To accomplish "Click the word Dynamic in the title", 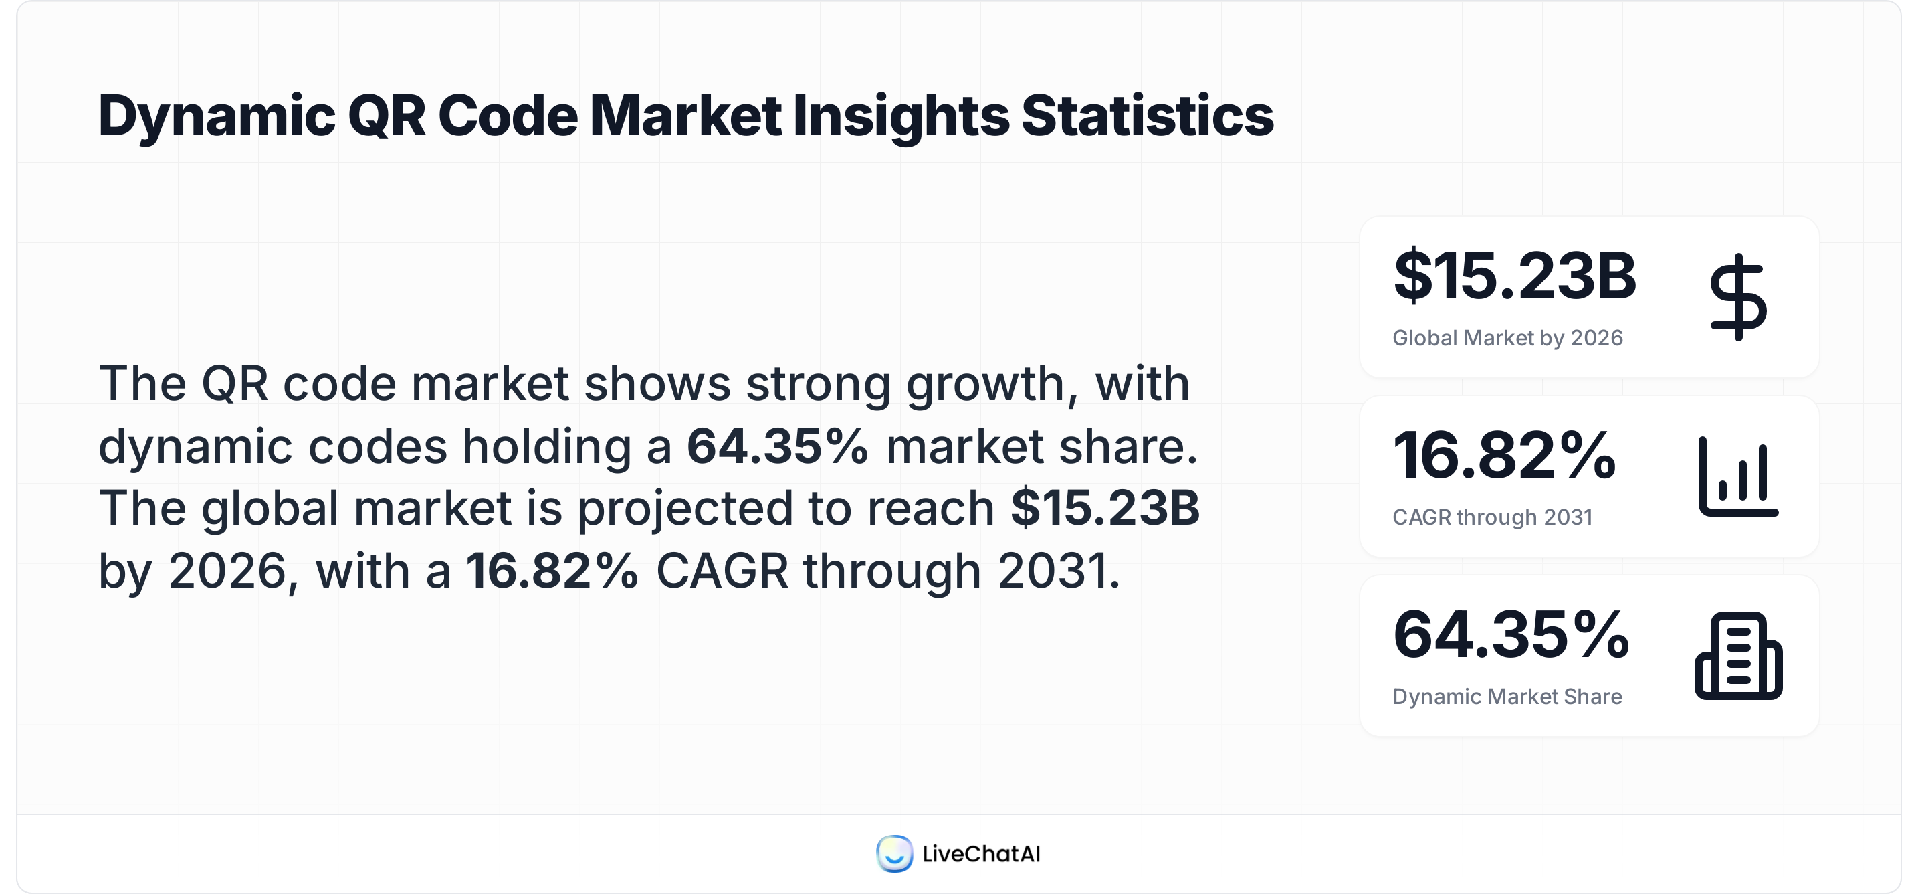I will (217, 117).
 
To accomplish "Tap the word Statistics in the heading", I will (1147, 117).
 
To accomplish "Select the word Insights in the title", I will (899, 117).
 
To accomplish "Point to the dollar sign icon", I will (1738, 297).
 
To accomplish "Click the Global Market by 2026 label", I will (1507, 338).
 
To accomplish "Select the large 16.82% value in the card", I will (1504, 455).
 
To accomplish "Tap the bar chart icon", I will (1738, 477).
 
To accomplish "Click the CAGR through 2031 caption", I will (1492, 517).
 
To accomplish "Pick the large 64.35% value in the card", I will (1511, 635).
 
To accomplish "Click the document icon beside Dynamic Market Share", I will (1738, 656).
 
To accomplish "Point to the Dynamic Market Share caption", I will (1507, 697).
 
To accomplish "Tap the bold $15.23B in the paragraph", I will (1104, 509).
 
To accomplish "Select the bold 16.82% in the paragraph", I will (552, 571).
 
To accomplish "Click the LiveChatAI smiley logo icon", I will (894, 854).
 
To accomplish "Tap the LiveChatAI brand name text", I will (980, 854).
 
